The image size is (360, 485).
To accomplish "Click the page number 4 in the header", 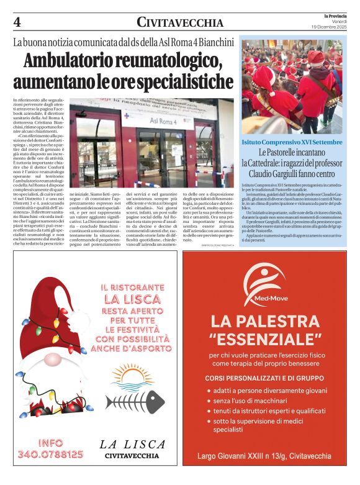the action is point(17,22).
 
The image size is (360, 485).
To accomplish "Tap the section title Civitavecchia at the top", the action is point(179,23).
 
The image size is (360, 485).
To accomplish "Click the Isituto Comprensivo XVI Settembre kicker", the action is point(291,142).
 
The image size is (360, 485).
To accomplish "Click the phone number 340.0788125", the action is point(52,454).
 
